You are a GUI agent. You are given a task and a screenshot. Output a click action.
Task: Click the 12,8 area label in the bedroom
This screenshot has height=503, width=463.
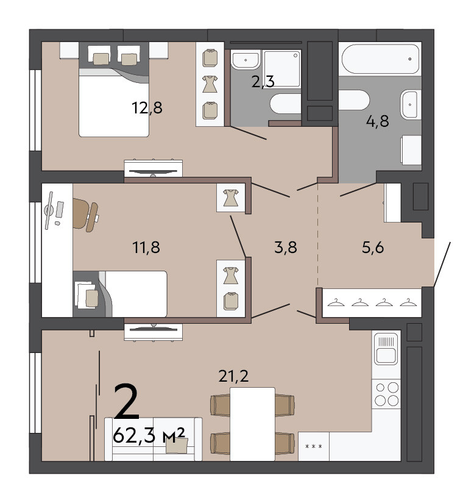pyautogui.click(x=147, y=108)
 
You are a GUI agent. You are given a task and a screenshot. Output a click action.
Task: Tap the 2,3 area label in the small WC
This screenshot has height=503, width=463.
pyautogui.click(x=263, y=82)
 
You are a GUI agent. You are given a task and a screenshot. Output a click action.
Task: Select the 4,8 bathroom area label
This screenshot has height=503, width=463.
pyautogui.click(x=377, y=121)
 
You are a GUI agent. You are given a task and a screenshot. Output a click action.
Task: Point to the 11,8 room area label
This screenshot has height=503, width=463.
pyautogui.click(x=146, y=248)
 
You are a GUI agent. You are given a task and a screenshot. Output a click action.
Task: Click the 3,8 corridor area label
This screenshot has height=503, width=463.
pyautogui.click(x=286, y=248)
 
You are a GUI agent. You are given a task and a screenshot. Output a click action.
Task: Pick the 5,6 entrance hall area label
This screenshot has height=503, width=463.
pyautogui.click(x=373, y=248)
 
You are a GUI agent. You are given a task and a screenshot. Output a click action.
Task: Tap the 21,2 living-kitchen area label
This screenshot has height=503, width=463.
pyautogui.click(x=233, y=376)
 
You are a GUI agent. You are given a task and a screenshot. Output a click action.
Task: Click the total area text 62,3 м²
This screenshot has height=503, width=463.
pyautogui.click(x=149, y=435)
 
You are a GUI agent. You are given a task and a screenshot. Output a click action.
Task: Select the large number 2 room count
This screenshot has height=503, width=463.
pyautogui.click(x=127, y=402)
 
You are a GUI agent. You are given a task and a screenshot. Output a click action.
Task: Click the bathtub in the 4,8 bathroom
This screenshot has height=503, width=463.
pyautogui.click(x=380, y=59)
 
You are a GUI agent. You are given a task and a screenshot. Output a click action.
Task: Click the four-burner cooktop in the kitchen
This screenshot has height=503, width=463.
pyautogui.click(x=386, y=394)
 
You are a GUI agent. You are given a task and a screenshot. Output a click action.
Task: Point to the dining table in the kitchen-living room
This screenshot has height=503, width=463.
pyautogui.click(x=253, y=424)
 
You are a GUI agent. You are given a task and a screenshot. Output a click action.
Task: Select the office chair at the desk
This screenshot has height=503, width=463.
pyautogui.click(x=85, y=214)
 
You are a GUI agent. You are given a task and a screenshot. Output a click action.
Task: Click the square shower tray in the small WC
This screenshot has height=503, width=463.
pyautogui.click(x=283, y=68)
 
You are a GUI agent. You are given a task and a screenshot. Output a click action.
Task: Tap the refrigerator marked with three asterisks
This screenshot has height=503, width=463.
pyautogui.click(x=314, y=446)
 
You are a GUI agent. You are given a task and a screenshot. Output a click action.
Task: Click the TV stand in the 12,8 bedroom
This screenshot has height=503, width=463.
pyautogui.click(x=154, y=168)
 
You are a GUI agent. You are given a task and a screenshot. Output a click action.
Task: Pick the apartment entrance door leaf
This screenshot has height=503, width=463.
pyautogui.click(x=442, y=265)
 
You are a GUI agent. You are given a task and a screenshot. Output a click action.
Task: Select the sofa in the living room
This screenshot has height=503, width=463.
pyautogui.click(x=154, y=439)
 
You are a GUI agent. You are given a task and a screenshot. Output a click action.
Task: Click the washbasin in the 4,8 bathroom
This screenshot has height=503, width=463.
pyautogui.click(x=411, y=104)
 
